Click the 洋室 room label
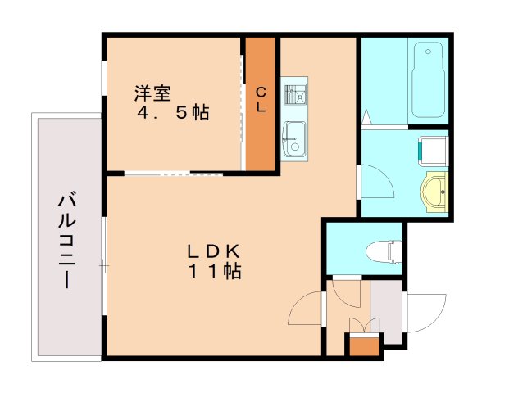click(153, 93)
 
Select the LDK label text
click(210, 251)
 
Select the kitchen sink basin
click(293, 134)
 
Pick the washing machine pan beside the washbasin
click(433, 151)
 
